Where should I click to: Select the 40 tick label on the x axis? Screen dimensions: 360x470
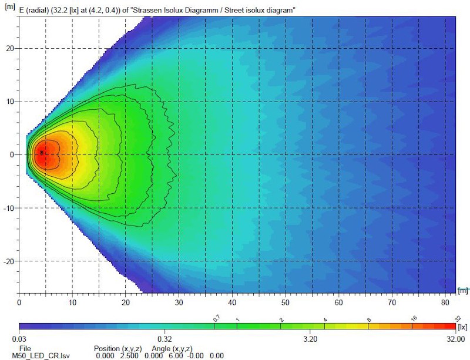coord(232,303)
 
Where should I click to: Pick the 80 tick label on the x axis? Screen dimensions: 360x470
coord(445,303)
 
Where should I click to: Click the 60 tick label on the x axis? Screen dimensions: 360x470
coord(338,303)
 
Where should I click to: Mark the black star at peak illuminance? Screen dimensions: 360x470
coord(42,152)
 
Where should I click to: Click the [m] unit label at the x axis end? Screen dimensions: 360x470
coord(464,290)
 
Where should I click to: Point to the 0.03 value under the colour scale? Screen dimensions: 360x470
coord(26,339)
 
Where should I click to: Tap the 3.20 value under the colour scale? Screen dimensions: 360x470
coord(310,339)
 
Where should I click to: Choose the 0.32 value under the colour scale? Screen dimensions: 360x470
coord(164,339)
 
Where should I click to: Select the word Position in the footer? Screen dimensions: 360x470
coord(109,348)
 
